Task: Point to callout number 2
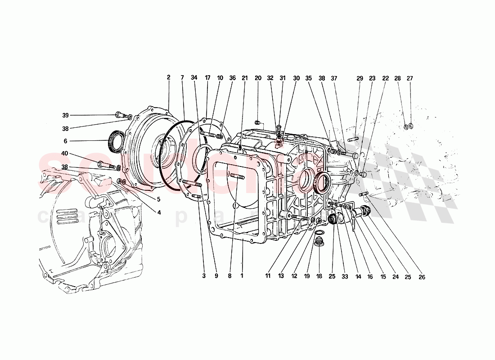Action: [169, 77]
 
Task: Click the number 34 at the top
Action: [194, 77]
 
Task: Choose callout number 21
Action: [245, 78]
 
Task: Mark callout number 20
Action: [258, 78]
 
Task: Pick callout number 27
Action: [410, 78]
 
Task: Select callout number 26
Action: [422, 277]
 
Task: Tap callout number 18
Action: [319, 277]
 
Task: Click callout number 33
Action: [344, 277]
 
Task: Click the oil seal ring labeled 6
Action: [116, 140]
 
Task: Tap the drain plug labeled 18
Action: [319, 242]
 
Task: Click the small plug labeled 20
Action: [257, 122]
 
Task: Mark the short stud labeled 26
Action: [364, 194]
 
